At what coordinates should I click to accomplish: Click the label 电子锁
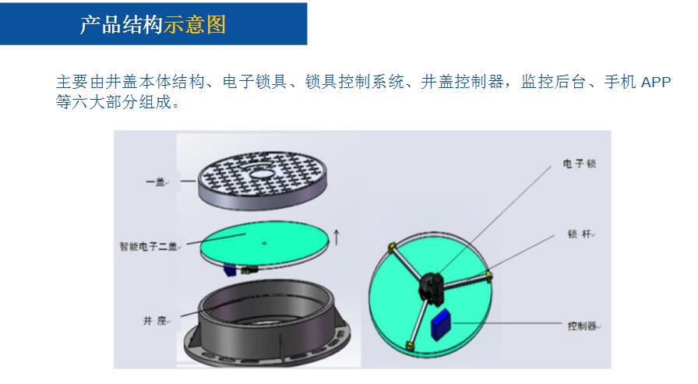(x=579, y=164)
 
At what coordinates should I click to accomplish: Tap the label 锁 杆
(x=580, y=234)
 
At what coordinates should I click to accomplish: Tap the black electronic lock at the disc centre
(x=432, y=288)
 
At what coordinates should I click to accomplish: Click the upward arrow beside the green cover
(x=337, y=237)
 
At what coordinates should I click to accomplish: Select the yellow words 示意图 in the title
(x=195, y=24)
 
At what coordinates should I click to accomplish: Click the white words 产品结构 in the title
(x=121, y=24)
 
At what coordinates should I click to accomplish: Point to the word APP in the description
(x=656, y=83)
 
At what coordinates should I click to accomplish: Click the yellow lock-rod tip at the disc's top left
(x=392, y=248)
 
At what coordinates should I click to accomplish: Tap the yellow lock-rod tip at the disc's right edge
(x=488, y=276)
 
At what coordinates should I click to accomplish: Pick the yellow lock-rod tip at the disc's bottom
(x=410, y=345)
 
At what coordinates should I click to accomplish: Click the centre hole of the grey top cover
(x=262, y=174)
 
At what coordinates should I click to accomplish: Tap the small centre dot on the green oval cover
(x=264, y=243)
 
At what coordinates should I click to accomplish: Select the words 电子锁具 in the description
(x=255, y=82)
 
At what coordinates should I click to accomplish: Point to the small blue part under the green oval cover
(x=230, y=270)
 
